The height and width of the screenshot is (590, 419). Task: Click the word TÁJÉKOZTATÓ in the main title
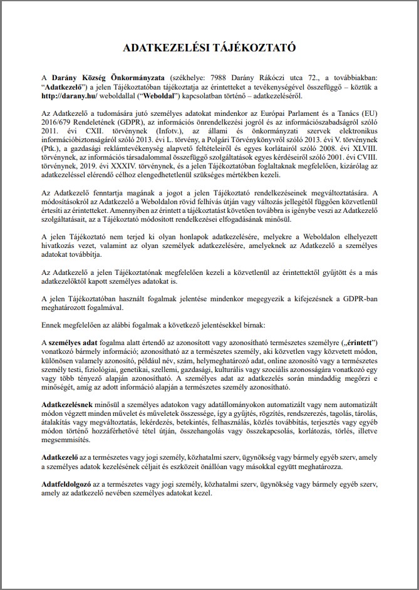click(253, 48)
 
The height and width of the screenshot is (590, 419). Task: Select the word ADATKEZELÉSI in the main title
click(165, 48)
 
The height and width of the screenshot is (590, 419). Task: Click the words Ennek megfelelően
click(70, 326)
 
